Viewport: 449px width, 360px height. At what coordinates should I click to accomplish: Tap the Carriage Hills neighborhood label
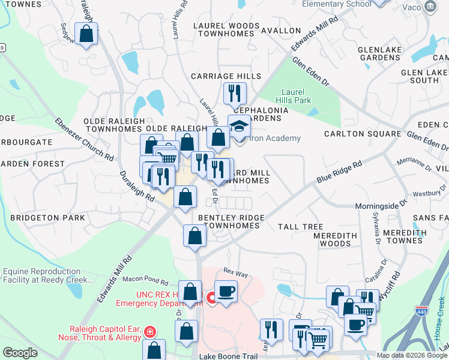click(x=226, y=76)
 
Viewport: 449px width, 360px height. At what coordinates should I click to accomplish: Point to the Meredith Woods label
click(x=336, y=239)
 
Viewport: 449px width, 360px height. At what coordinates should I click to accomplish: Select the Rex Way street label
click(x=235, y=273)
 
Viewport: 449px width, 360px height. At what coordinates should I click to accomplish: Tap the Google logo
click(x=20, y=353)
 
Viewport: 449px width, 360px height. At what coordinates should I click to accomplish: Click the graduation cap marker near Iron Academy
click(x=239, y=127)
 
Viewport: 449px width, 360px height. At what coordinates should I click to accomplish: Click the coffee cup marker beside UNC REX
click(x=226, y=292)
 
